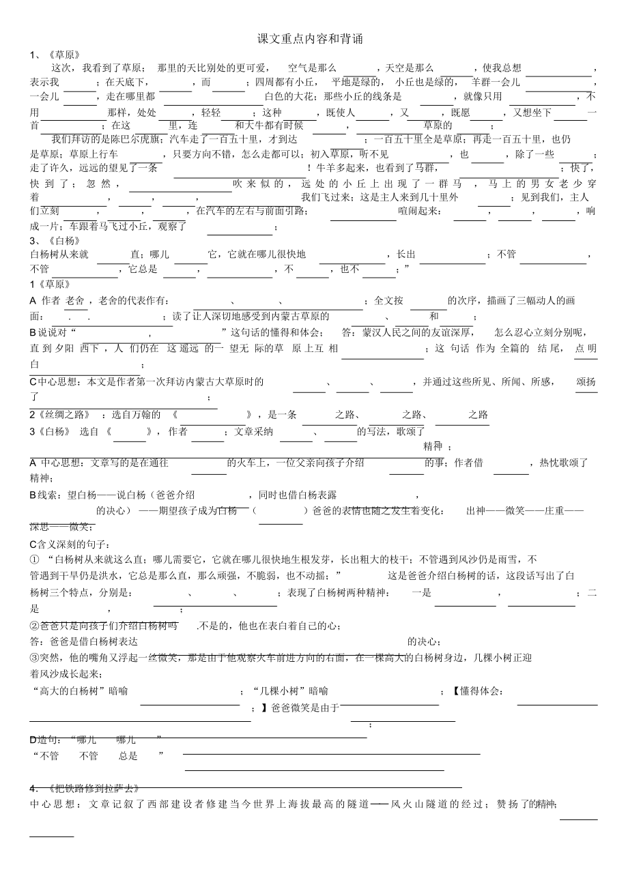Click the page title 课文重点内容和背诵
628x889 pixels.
pyautogui.click(x=310, y=39)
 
